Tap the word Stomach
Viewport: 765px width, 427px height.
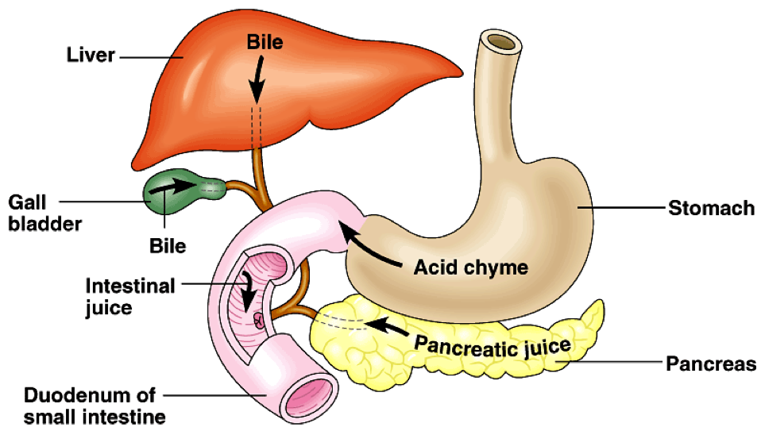tap(711, 209)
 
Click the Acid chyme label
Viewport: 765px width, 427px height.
tap(470, 267)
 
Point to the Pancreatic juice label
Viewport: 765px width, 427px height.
tap(492, 344)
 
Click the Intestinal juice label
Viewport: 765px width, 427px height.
tap(130, 296)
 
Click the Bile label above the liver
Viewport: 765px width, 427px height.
tap(265, 42)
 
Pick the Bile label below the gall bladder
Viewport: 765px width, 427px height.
tap(168, 246)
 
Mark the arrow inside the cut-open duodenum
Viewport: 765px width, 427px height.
tap(247, 291)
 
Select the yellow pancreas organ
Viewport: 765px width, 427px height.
tap(477, 349)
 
